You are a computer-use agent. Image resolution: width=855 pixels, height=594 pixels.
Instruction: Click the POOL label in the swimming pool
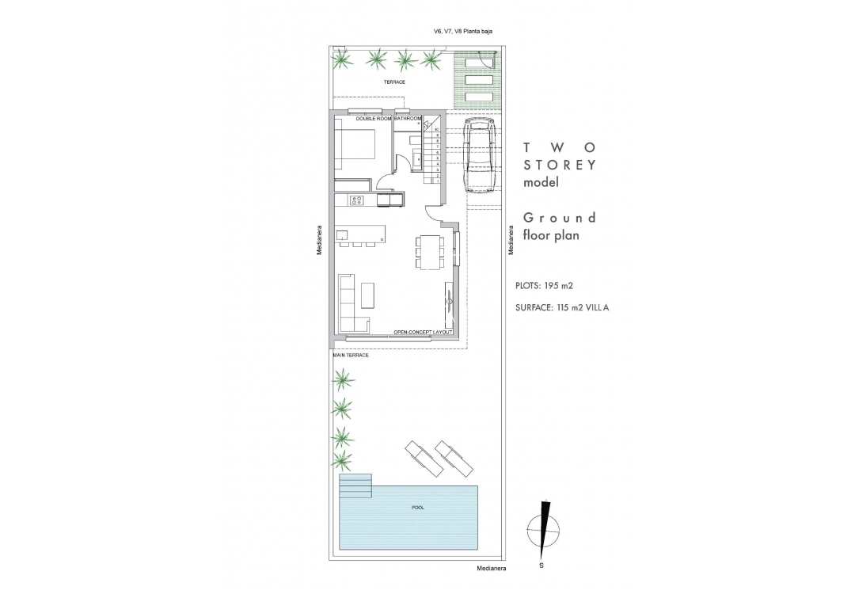pos(418,507)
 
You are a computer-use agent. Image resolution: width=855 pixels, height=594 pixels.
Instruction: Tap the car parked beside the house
pos(478,157)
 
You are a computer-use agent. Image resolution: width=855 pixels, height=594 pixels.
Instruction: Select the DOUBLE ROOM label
pos(374,118)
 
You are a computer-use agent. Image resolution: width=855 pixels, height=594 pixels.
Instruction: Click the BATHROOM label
pos(408,118)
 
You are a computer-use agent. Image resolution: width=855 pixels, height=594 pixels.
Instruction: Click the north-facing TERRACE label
pos(394,82)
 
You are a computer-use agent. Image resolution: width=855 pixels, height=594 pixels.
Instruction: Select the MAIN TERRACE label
pos(351,355)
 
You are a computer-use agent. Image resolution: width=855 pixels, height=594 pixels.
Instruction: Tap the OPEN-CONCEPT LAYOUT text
pos(423,332)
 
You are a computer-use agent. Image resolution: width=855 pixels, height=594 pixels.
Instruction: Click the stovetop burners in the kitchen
pos(356,200)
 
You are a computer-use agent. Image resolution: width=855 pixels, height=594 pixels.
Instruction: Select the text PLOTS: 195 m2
pos(544,285)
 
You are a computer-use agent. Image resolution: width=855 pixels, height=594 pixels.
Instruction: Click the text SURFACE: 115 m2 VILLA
pos(562,307)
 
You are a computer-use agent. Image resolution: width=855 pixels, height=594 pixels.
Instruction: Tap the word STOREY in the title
pos(560,165)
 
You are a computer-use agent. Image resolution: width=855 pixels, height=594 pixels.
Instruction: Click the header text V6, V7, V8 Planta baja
pos(463,32)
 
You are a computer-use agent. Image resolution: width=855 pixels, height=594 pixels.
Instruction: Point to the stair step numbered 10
pos(437,130)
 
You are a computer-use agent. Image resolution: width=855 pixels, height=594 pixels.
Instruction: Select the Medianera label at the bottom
pos(492,569)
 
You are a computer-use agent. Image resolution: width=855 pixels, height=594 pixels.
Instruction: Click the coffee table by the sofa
pos(368,295)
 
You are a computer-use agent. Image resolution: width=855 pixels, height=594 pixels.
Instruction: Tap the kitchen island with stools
pos(360,235)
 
